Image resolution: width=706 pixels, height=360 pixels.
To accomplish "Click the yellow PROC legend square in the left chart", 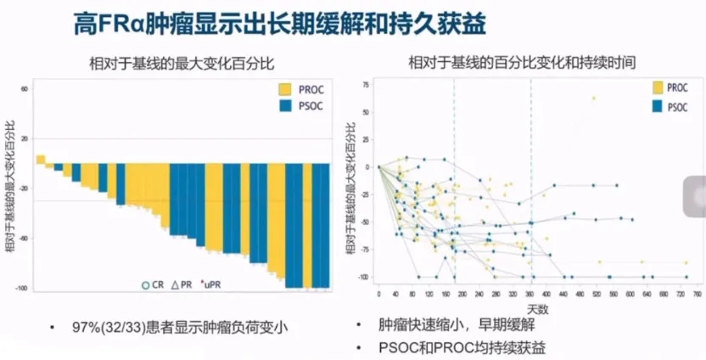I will [286, 89].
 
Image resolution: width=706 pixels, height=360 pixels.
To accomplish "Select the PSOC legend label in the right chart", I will [677, 106].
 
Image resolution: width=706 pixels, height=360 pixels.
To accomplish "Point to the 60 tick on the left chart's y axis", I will [24, 88].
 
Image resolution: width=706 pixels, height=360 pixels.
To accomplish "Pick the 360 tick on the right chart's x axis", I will [531, 293].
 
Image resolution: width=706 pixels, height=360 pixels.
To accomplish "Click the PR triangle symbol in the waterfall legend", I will [175, 285].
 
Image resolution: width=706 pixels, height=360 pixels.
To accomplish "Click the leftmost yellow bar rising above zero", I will [40, 159].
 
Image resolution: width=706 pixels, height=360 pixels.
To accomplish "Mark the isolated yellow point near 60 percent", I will [594, 98].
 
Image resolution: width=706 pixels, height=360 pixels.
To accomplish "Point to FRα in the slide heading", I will [127, 25].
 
